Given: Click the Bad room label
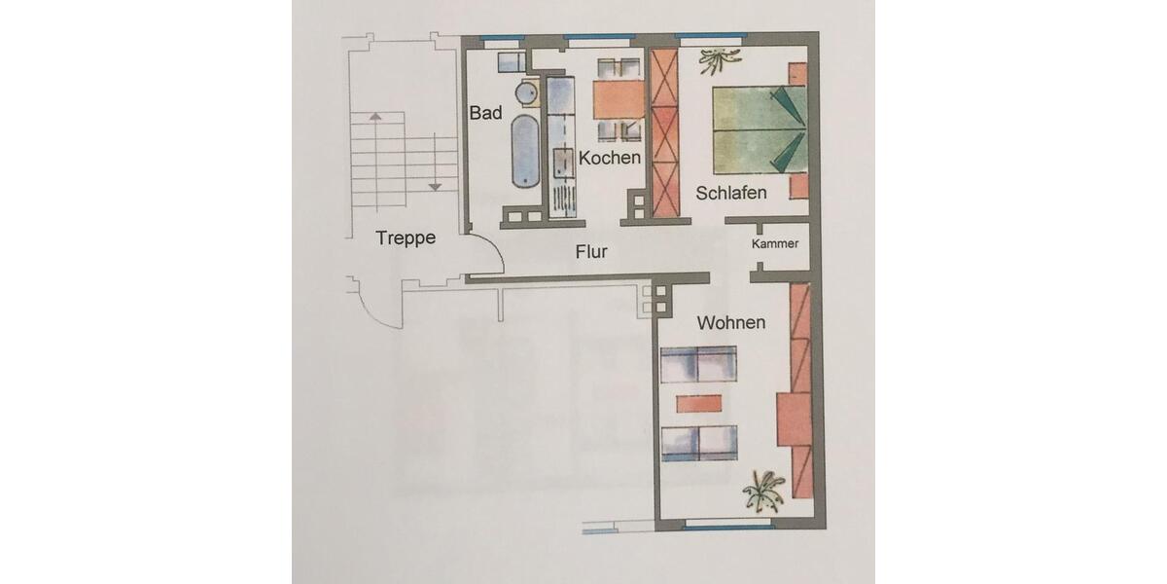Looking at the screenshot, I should pos(485,114).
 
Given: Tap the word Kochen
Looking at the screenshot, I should pos(610,158).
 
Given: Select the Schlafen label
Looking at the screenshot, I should pos(731,193).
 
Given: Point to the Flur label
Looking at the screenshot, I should pos(591,252).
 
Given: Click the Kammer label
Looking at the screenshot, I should pos(775,244).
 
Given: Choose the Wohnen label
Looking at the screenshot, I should pos(731,323).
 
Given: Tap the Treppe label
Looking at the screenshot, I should pos(406,238).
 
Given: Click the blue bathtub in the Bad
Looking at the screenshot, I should pos(524,152).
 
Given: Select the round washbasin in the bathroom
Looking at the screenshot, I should pos(526,93).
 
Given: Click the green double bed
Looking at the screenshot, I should pos(760,128).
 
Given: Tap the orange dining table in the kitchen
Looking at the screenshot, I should pos(619,98).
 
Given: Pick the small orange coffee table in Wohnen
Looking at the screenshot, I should pos(700,403).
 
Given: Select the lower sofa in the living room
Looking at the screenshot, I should pos(698,443).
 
